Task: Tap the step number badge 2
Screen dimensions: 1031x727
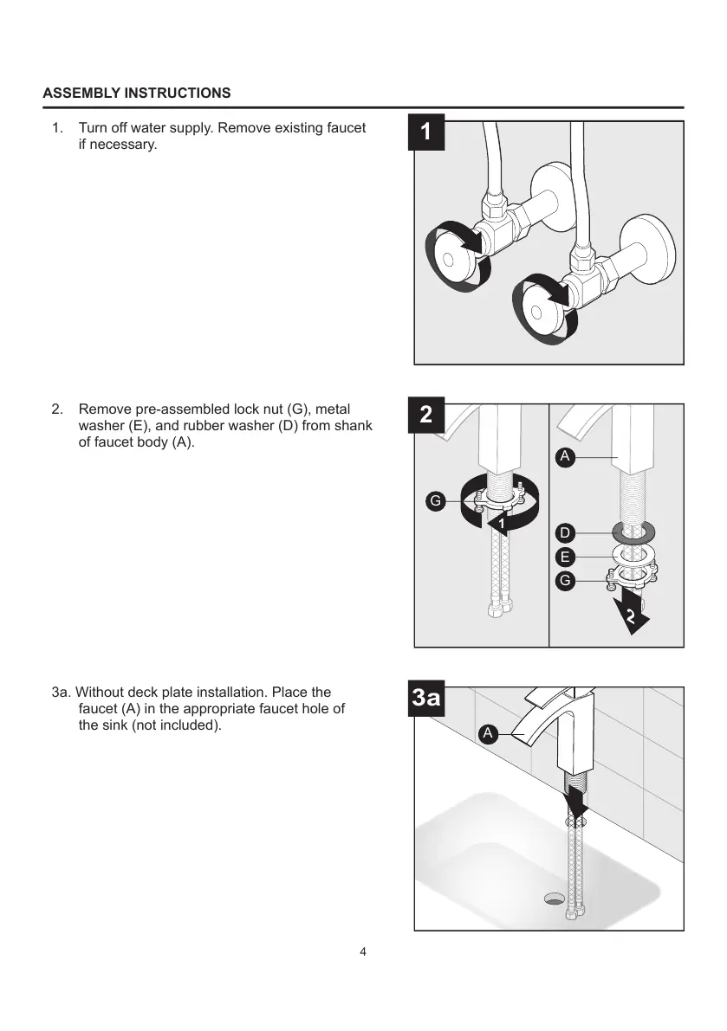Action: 425,416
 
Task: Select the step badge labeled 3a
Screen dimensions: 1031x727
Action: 425,699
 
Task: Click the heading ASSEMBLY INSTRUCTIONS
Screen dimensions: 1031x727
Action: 137,93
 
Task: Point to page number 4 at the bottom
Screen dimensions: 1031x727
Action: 363,952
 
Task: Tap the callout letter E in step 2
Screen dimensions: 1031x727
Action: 564,557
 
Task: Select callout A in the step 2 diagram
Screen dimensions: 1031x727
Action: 564,457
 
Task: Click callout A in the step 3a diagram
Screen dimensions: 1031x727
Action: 488,733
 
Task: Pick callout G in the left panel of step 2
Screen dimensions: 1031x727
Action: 436,500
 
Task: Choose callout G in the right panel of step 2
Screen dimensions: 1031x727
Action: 564,582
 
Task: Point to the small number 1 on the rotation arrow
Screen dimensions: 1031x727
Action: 501,525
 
